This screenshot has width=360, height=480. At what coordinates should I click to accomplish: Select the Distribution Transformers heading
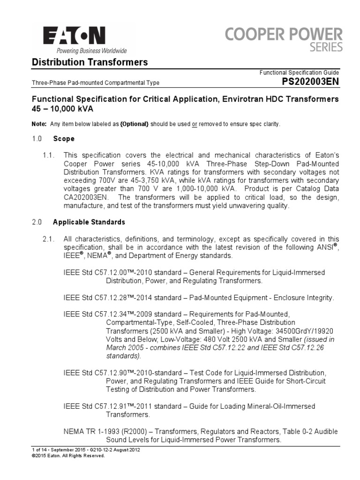coord(89,62)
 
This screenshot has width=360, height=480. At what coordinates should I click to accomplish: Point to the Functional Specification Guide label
coord(299,73)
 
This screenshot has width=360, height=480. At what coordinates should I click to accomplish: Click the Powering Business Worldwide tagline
coord(85,51)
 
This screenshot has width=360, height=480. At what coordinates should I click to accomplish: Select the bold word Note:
coord(39,124)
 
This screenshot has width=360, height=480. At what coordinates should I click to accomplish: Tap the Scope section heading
coord(63,139)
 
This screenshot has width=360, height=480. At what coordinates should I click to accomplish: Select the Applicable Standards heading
coord(89,222)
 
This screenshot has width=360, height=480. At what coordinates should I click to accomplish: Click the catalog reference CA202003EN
coord(87,198)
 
